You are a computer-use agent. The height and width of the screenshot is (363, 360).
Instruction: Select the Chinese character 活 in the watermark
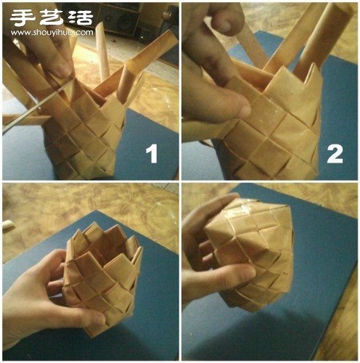tap(81, 17)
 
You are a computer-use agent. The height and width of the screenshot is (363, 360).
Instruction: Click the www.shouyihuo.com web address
tap(52, 32)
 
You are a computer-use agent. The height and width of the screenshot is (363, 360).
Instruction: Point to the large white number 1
tap(152, 153)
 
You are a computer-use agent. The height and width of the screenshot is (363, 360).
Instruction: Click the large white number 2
tap(335, 153)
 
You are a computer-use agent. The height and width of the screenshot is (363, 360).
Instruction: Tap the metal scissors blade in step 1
tap(36, 107)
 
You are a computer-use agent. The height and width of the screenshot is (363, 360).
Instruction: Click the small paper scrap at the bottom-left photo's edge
tap(9, 226)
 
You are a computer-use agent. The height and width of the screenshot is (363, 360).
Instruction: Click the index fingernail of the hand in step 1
tap(63, 70)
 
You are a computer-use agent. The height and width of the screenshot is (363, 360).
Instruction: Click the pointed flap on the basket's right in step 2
tap(314, 80)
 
